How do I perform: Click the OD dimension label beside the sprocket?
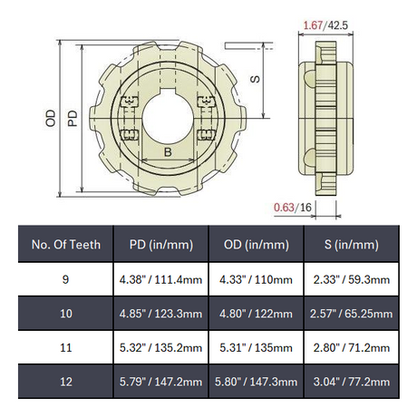click(51, 118)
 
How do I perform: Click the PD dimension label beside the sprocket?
click(73, 119)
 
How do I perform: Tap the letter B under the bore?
click(168, 151)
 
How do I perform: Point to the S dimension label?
click(256, 79)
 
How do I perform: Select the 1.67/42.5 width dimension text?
click(325, 25)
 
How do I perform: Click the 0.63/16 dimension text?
click(293, 208)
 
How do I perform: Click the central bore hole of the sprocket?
click(168, 118)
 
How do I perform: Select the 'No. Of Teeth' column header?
click(66, 245)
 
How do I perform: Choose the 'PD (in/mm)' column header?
click(161, 245)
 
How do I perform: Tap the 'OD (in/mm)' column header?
click(257, 245)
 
